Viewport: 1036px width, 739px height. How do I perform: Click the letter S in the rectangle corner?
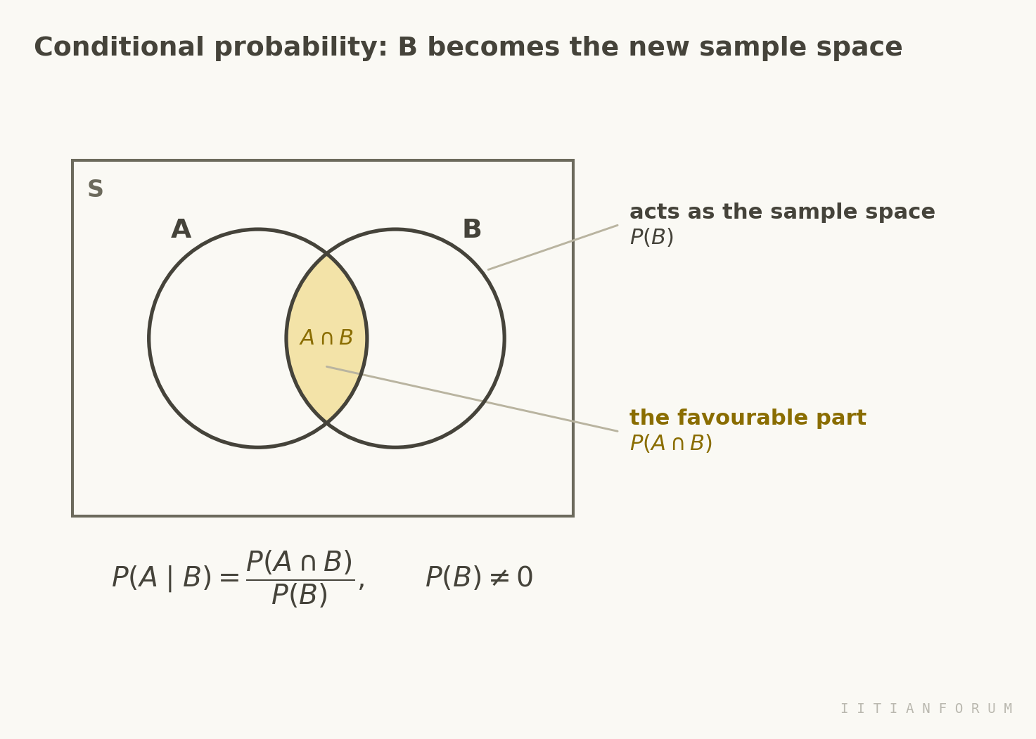coord(95,188)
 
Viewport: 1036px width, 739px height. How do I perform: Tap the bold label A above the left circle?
coord(181,229)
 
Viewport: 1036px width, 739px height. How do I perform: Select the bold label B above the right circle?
coord(472,229)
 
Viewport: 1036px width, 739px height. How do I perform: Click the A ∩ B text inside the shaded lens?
coord(326,338)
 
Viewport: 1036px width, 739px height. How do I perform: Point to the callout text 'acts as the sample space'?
coord(782,212)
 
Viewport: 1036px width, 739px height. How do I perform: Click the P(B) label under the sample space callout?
coord(652,237)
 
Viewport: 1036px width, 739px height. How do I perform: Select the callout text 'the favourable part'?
coord(748,418)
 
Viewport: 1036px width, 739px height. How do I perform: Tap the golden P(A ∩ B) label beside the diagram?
coord(671,443)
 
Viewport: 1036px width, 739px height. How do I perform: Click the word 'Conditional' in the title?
coord(119,48)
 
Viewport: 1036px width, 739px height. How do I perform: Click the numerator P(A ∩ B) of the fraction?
coord(300,562)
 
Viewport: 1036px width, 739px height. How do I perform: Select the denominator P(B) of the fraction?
coord(300,595)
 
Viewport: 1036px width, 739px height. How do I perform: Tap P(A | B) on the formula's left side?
coord(162,577)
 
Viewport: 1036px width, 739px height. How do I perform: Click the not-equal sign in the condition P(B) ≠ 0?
coord(499,578)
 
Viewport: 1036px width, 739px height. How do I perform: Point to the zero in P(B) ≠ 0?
coord(525,577)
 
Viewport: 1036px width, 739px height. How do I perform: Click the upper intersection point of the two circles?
coord(326,253)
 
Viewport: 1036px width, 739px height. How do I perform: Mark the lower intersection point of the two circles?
coord(326,423)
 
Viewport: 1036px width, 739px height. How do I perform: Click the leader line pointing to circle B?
coord(553,248)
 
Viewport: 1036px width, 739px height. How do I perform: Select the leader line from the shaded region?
coord(472,399)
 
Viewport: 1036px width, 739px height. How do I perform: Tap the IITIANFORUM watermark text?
coord(927,709)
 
